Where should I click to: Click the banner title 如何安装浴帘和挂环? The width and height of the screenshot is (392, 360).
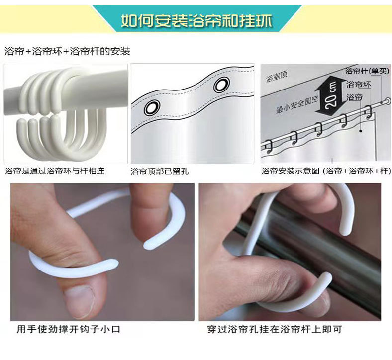pos(196,21)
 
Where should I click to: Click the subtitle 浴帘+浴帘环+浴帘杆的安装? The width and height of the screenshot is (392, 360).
pos(67,51)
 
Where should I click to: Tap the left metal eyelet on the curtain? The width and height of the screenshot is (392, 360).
pos(151,107)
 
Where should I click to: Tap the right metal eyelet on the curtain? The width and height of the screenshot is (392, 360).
pos(221,86)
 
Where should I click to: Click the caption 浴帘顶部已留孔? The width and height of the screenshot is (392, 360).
pos(160,171)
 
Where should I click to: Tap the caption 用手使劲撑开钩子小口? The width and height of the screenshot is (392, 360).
pos(69,329)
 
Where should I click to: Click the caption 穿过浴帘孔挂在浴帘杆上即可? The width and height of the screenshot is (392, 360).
pos(275,329)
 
